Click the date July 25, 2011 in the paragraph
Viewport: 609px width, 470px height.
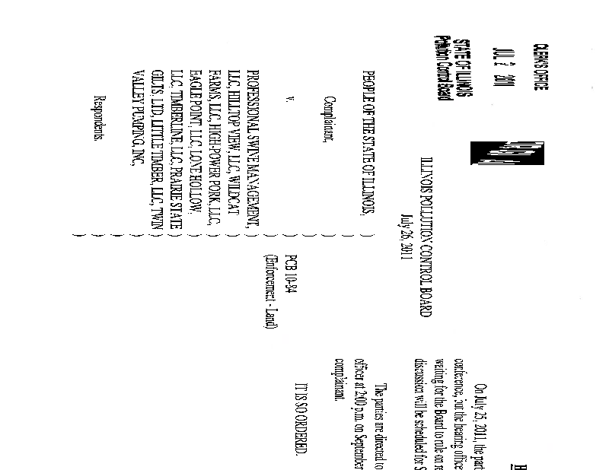[x=477, y=387]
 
